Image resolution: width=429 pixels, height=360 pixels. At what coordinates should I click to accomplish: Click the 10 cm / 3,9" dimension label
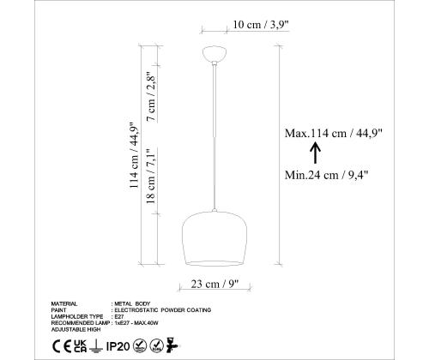(x=261, y=25)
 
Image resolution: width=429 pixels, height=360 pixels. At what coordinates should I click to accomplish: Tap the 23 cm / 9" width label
(x=214, y=284)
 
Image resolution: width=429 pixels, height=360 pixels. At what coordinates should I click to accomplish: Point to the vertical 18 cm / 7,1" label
(x=151, y=176)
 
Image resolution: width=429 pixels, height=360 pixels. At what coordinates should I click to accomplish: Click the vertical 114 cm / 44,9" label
(x=134, y=156)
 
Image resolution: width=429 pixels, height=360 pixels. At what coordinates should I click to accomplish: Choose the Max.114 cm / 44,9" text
(x=334, y=133)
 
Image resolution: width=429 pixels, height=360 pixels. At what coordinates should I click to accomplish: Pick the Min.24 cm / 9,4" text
(x=327, y=175)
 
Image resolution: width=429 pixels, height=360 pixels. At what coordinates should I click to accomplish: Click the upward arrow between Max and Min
(x=316, y=153)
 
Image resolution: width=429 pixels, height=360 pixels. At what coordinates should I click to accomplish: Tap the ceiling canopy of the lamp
(x=214, y=54)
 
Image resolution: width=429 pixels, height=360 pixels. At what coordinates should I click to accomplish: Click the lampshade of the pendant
(x=214, y=239)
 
